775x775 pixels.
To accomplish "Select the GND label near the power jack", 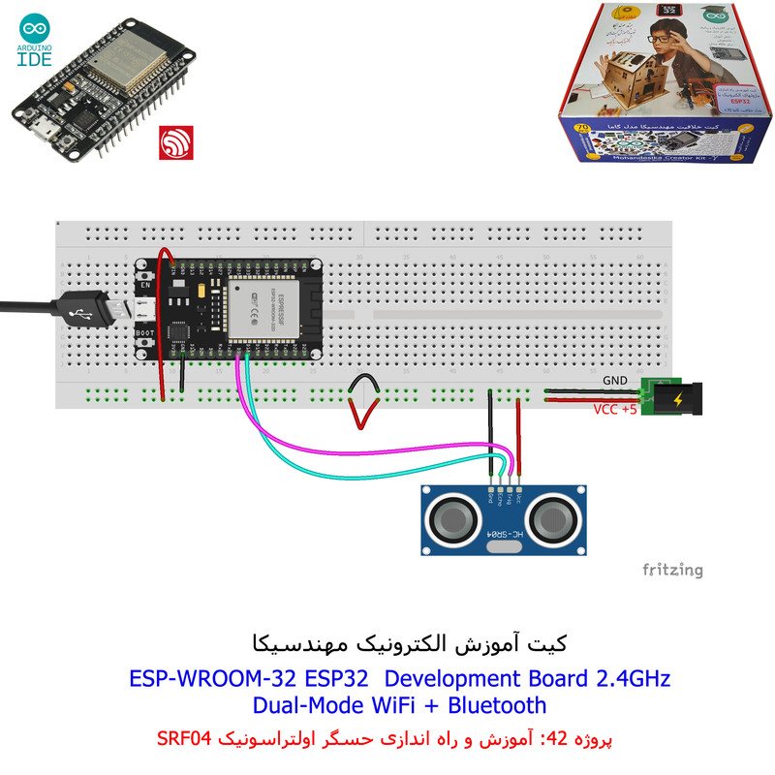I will click(615, 381).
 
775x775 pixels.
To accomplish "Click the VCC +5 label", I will click(616, 409).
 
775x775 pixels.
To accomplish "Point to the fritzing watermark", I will click(672, 570).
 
